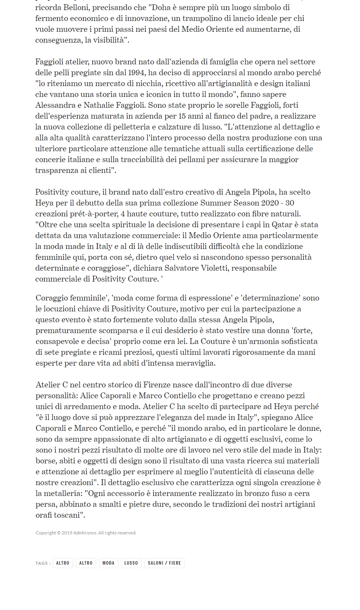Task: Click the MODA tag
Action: tap(108, 563)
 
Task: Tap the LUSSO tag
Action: tap(131, 563)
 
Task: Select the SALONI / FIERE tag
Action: tap(164, 563)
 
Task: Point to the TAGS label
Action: tap(42, 563)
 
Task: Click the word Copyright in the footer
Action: tap(46, 533)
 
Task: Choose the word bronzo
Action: tap(264, 493)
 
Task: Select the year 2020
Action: tap(270, 203)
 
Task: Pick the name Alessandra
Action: tap(55, 105)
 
